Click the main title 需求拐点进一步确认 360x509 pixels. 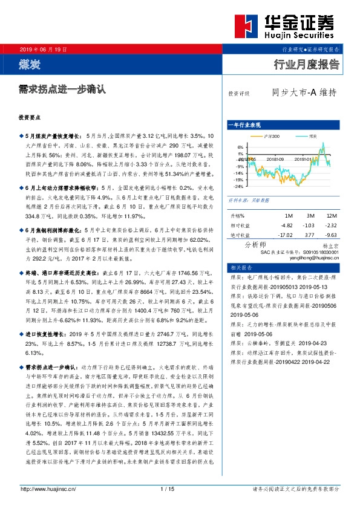(62, 89)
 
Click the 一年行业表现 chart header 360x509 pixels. (244, 125)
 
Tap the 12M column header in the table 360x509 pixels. (331, 215)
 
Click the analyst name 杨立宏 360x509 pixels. (329, 247)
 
